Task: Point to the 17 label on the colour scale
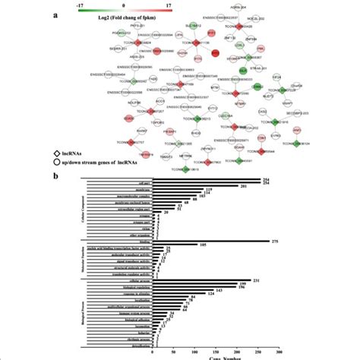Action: point(174,2)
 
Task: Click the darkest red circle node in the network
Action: point(215,54)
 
